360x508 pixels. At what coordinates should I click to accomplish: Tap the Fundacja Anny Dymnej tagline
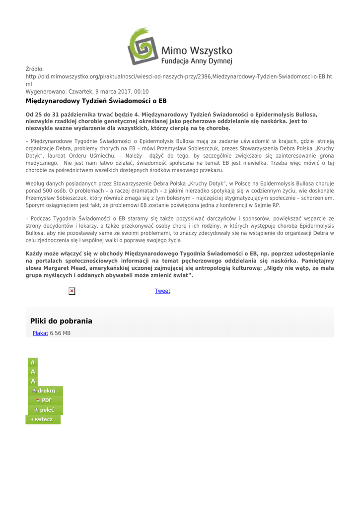(197, 62)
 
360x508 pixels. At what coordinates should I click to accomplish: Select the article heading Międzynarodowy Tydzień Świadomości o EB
(96, 101)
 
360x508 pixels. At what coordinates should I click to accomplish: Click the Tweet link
(162, 291)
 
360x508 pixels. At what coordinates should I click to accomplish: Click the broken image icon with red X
(72, 291)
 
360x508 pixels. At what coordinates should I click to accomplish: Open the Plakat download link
(40, 333)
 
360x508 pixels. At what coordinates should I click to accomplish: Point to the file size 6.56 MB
(60, 333)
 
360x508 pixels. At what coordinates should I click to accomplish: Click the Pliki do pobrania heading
(61, 321)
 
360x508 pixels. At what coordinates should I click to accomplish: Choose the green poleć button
(45, 410)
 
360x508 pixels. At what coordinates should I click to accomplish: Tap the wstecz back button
(43, 420)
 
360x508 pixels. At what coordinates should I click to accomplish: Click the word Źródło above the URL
(35, 69)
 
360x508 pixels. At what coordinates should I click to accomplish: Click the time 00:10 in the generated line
(141, 92)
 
